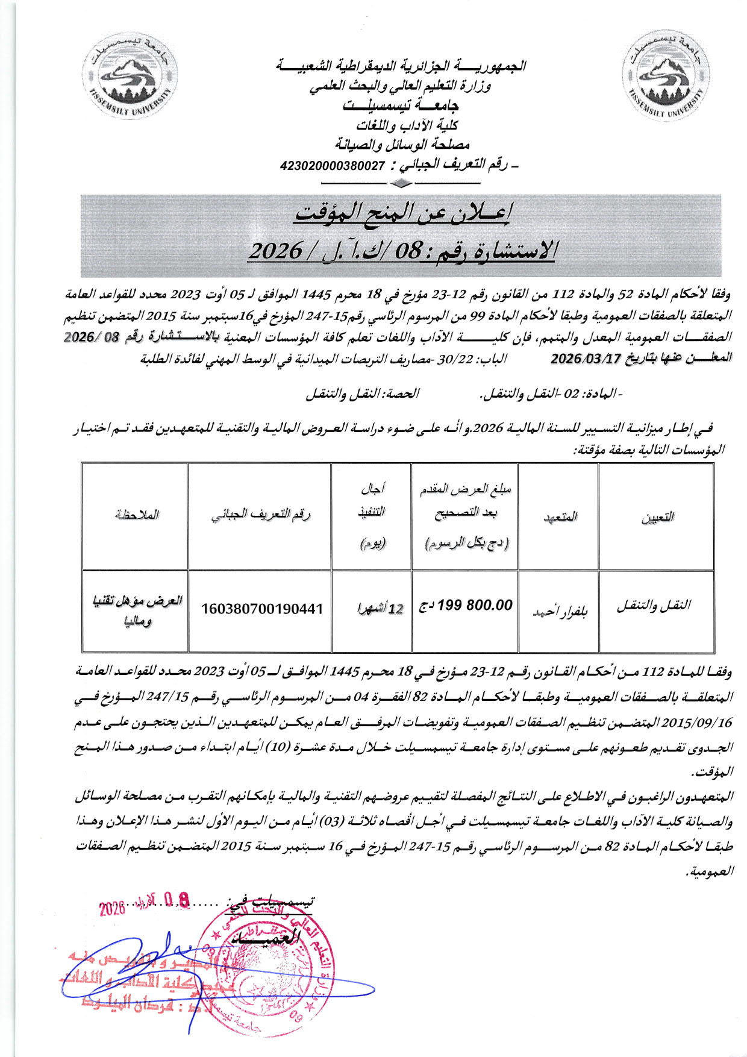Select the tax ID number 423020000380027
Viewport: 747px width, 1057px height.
333,165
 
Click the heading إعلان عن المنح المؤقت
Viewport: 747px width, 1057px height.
402,214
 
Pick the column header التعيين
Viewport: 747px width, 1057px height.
656,516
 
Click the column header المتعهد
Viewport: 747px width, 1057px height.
559,516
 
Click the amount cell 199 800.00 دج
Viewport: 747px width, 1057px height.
466,605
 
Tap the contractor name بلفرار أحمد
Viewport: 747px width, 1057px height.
559,611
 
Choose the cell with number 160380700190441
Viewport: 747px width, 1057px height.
262,609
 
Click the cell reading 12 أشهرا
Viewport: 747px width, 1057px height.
379,609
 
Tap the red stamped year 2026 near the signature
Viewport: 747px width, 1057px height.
111,908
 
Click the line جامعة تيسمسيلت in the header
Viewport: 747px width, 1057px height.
401,106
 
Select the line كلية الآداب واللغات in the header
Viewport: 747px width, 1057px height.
407,125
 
